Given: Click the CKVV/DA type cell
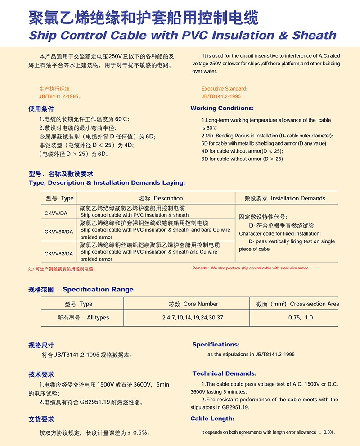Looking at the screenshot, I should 56,213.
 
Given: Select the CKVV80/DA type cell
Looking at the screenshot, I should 58,232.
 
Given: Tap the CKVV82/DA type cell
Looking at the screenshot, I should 58,254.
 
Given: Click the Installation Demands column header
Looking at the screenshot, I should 285,198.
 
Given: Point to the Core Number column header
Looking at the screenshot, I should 193,304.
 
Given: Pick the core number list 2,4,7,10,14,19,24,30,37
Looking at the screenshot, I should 193,318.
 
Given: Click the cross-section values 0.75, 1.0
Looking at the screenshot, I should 301,318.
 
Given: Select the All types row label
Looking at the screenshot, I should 83,318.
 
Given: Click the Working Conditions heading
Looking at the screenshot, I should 222,108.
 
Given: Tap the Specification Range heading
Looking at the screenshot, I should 98,290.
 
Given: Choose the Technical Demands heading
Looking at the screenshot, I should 224,373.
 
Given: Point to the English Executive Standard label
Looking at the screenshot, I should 224,89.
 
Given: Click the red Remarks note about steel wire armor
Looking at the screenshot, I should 251,268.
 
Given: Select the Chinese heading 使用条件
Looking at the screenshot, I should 41,109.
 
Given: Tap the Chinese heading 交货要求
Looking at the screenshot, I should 41,419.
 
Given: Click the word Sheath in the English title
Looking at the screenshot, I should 314,35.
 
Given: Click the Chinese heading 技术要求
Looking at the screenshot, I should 41,374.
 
